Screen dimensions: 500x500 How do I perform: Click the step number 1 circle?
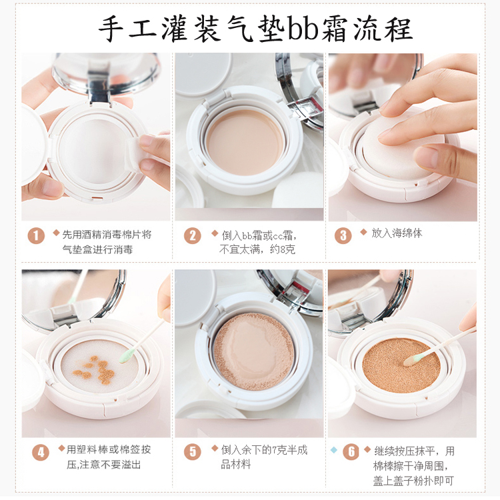pyautogui.click(x=36, y=235)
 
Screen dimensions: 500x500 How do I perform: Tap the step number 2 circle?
pyautogui.click(x=193, y=235)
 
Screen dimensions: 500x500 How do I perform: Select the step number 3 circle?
pyautogui.click(x=343, y=235)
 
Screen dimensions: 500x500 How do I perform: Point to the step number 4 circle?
pyautogui.click(x=41, y=453)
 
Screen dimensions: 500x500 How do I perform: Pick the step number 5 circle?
pyautogui.click(x=193, y=451)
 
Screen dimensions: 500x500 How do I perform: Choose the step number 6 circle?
pyautogui.click(x=351, y=451)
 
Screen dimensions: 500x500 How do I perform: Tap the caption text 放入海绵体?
pyautogui.click(x=397, y=233)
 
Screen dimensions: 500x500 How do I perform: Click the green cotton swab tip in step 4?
pyautogui.click(x=127, y=355)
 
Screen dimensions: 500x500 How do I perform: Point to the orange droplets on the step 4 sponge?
pyautogui.click(x=95, y=370)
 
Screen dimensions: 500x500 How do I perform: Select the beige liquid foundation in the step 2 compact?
pyautogui.click(x=245, y=142)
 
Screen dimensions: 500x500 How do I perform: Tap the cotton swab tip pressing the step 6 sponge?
pyautogui.click(x=413, y=360)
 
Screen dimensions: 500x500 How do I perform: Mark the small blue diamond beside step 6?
pyautogui.click(x=334, y=449)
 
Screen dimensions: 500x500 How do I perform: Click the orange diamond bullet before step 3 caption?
pyautogui.click(x=363, y=232)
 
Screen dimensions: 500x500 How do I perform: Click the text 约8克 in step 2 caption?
pyautogui.click(x=283, y=249)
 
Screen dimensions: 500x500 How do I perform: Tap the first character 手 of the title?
pyautogui.click(x=111, y=29)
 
